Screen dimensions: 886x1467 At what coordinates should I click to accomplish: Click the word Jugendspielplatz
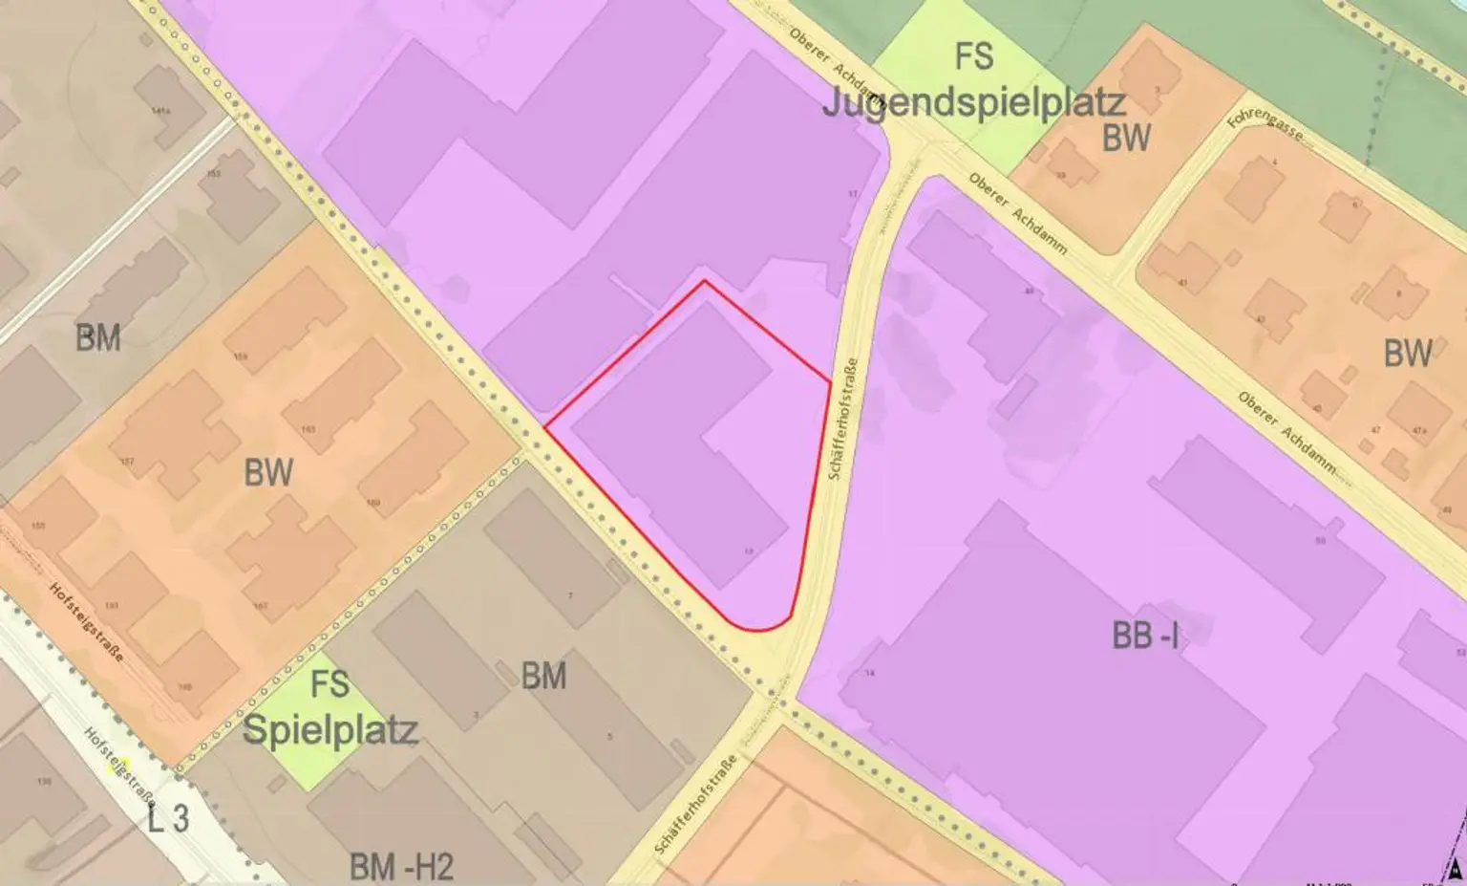point(973,102)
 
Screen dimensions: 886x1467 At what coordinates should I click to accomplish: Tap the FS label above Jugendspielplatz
point(973,56)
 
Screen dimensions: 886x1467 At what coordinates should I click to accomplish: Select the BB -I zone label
point(1145,636)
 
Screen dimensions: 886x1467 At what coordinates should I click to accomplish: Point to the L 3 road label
point(168,818)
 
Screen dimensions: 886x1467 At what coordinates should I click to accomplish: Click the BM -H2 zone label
point(401,867)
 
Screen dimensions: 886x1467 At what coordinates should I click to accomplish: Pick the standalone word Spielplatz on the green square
point(330,729)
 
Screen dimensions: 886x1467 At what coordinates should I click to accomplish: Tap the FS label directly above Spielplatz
point(330,684)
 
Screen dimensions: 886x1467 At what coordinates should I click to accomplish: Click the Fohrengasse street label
point(1265,122)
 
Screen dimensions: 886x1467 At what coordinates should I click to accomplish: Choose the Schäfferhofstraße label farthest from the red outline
point(696,804)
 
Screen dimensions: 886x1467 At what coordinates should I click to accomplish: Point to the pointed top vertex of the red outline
point(705,281)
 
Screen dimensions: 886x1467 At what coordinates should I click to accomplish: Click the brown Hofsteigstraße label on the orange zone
point(86,622)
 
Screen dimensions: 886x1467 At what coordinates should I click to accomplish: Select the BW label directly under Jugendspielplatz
point(1126,139)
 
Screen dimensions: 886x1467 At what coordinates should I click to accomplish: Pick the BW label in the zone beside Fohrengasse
point(1408,354)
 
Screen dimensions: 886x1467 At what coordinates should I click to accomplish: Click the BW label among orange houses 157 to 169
point(268,472)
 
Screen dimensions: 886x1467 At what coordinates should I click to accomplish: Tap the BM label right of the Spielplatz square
point(543,676)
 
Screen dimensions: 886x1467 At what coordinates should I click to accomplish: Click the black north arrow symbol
point(1455,872)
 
